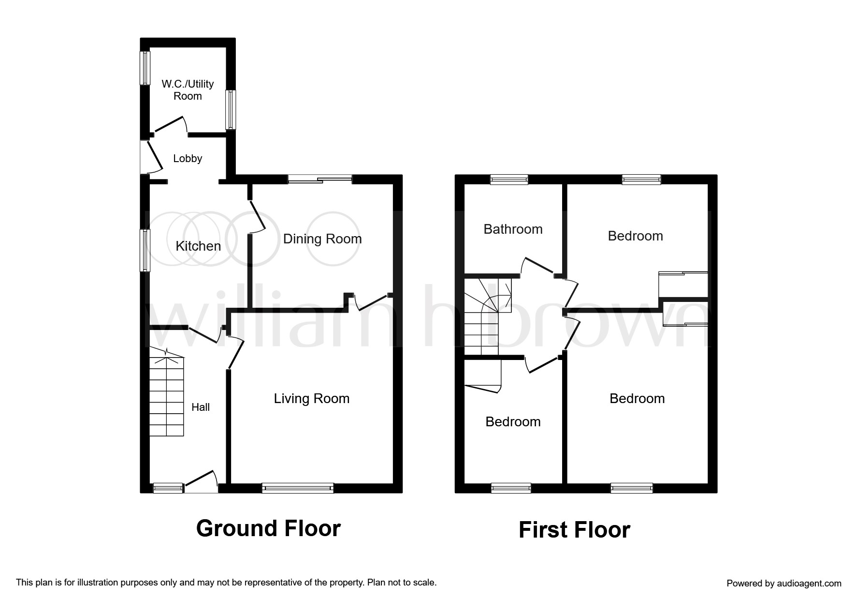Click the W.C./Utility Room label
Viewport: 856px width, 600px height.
188,90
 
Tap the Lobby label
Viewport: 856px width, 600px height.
188,158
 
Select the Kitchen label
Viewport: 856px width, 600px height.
198,246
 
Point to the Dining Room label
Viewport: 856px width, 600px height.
322,239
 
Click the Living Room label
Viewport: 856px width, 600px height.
312,399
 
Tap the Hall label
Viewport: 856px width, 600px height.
201,407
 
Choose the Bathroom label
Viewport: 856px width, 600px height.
513,229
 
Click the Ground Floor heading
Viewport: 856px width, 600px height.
268,528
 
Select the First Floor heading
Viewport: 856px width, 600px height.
574,530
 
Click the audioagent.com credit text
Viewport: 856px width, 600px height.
784,583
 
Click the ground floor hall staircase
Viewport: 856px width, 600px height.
167,392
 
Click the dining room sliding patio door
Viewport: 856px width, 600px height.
320,180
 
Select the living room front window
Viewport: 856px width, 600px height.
298,488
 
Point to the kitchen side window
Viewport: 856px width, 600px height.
145,250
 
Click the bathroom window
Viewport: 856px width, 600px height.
509,180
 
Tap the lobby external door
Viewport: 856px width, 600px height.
150,157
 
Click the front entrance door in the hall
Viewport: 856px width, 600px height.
201,481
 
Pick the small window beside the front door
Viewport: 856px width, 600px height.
168,488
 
